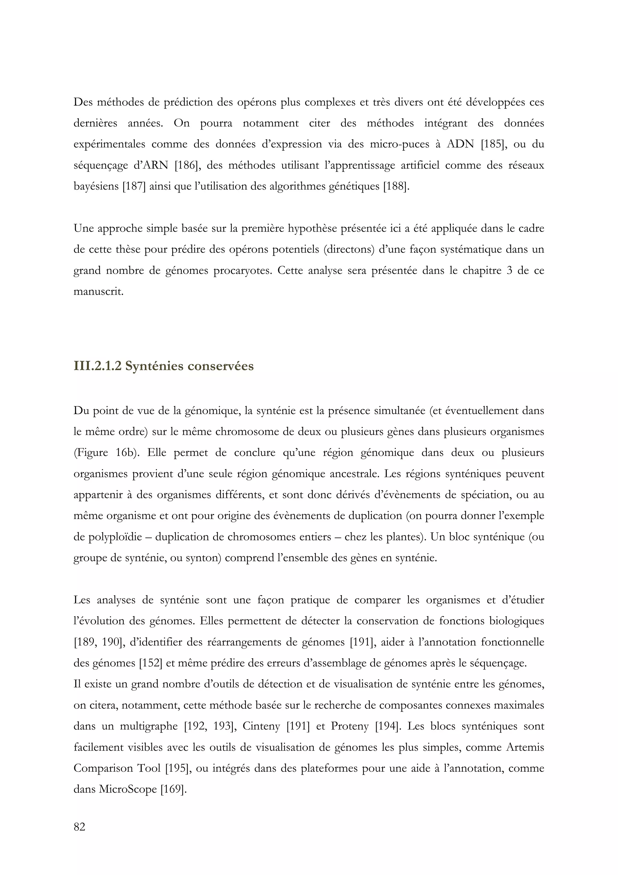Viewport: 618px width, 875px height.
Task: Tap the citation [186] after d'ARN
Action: pyautogui.click(x=186, y=165)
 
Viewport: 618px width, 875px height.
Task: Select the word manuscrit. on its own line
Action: pyautogui.click(x=99, y=292)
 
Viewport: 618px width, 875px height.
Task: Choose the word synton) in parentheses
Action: pyautogui.click(x=203, y=558)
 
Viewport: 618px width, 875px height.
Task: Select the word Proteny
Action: pyautogui.click(x=349, y=726)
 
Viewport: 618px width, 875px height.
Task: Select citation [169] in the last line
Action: pyautogui.click(x=173, y=789)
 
